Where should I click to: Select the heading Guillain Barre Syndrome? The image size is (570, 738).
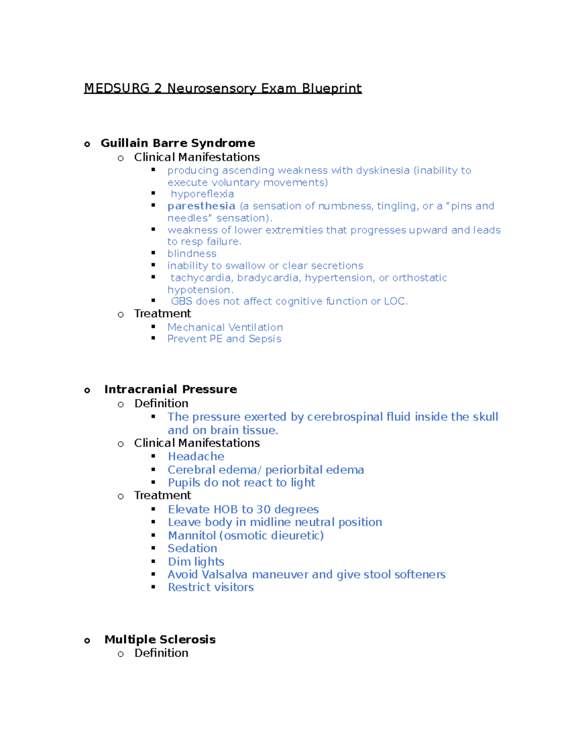(x=178, y=143)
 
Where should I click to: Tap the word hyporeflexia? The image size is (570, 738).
(x=202, y=194)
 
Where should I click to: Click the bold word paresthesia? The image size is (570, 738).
(x=201, y=206)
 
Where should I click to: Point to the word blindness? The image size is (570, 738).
(x=191, y=254)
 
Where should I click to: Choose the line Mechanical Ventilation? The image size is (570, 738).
(x=225, y=327)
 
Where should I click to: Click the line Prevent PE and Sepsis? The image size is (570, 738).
(x=224, y=339)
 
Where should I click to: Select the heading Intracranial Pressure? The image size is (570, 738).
(x=171, y=389)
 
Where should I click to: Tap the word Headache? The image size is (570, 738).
(x=196, y=457)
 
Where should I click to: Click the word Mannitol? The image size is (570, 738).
(x=191, y=536)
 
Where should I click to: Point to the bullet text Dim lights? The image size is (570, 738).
(x=196, y=562)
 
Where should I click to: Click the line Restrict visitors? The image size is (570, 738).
(x=210, y=587)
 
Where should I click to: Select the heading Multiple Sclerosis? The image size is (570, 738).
(x=160, y=640)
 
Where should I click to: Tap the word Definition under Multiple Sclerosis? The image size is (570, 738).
(x=161, y=653)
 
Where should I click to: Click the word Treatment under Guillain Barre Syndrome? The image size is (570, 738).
(x=162, y=314)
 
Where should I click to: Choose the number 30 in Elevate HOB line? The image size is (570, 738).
(x=264, y=509)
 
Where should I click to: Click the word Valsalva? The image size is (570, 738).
(x=225, y=575)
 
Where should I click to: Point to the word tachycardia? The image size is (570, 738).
(x=201, y=278)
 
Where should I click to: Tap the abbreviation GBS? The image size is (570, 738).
(x=181, y=301)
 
